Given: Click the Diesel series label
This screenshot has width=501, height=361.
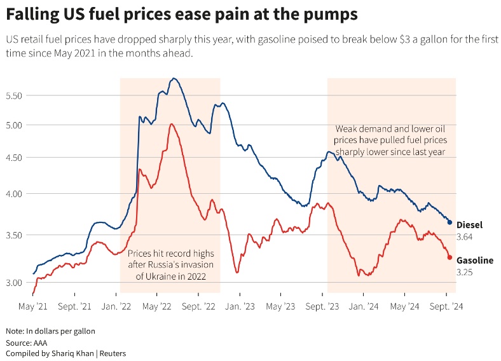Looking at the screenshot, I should click(469, 225).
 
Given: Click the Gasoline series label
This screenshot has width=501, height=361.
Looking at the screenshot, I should click(475, 261).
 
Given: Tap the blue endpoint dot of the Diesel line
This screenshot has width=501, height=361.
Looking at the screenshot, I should click(450, 222).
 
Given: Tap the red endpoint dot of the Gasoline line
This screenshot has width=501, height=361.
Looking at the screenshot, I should click(450, 257).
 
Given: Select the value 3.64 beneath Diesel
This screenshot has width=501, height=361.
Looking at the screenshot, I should click(465, 237).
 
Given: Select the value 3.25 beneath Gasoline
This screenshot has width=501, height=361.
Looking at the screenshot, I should click(465, 273).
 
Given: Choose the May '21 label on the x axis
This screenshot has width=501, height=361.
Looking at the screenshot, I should click(34, 306).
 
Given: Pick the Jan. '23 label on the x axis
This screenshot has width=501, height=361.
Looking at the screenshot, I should click(240, 306).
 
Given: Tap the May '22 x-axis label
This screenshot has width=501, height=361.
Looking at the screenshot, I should click(158, 306).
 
